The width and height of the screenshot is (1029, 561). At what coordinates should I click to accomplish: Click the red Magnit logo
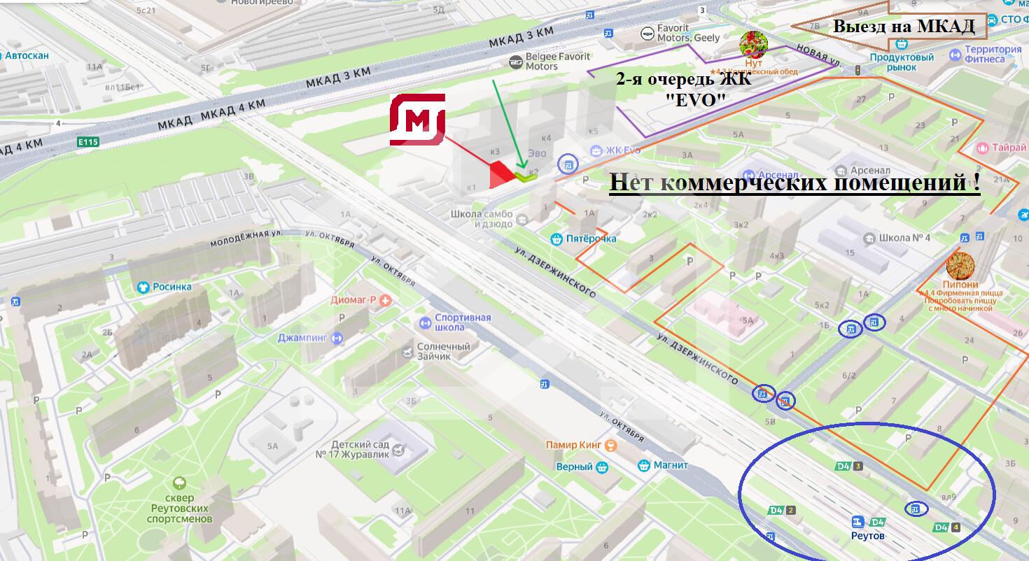point(418,120)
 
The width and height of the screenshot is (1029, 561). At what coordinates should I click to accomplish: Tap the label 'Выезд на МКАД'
point(903,27)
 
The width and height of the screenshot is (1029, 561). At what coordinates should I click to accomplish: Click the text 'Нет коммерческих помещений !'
point(794,183)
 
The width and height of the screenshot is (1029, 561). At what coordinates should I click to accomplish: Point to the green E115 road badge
point(89,142)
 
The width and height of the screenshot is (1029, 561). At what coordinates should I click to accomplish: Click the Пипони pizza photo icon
point(960,266)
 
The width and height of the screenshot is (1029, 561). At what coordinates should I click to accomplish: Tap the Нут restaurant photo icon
point(754,45)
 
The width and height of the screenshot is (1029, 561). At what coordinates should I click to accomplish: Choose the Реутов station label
point(867,536)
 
